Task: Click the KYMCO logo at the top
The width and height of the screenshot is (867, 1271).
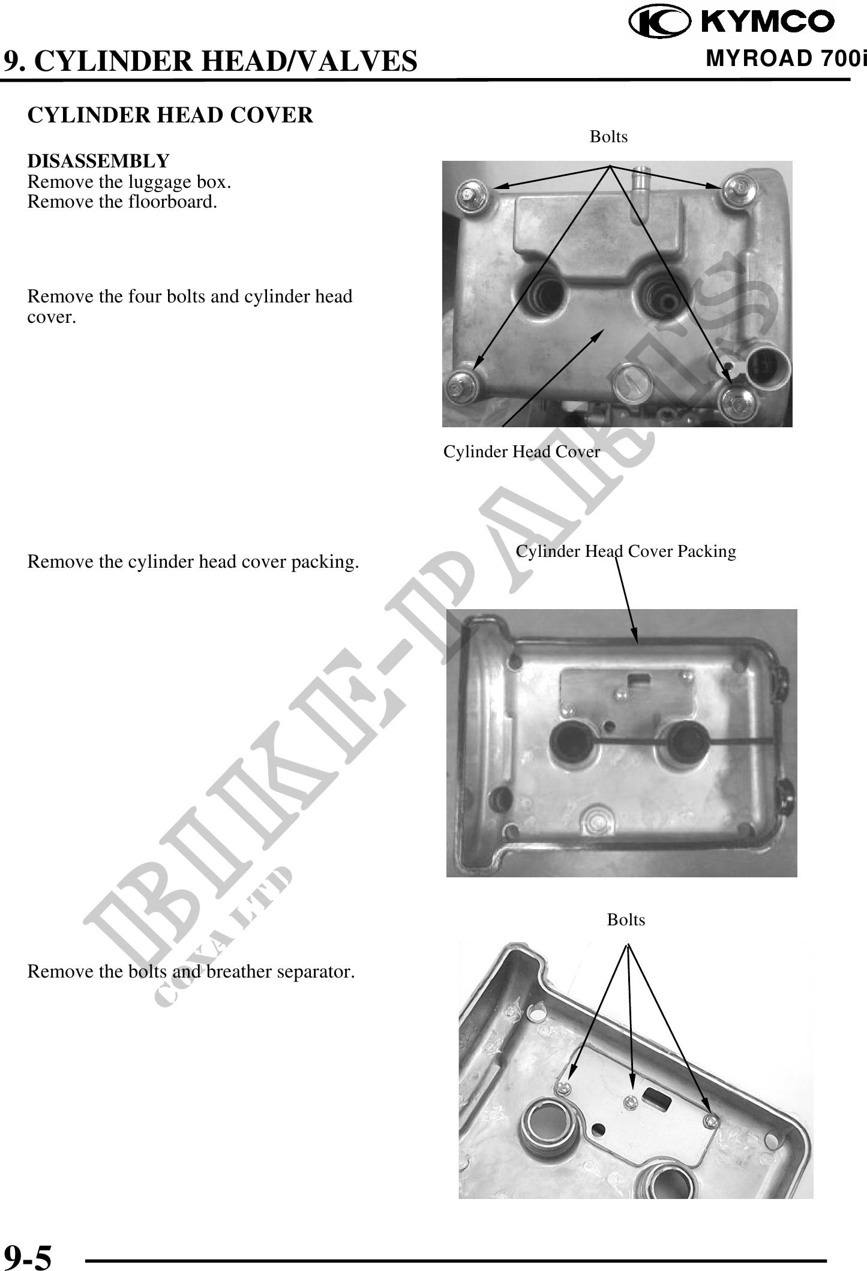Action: click(x=731, y=22)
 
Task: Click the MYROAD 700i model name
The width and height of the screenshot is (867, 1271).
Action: click(x=787, y=59)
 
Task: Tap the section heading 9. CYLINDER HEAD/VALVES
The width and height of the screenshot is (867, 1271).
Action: click(x=210, y=61)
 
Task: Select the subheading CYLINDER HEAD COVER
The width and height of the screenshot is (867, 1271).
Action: click(x=170, y=115)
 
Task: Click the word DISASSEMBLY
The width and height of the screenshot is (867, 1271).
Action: click(x=98, y=161)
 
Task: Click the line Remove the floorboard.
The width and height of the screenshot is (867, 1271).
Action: click(x=122, y=202)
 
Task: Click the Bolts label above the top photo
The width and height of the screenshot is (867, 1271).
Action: click(x=608, y=137)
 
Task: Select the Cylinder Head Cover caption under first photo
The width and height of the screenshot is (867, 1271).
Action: click(x=521, y=452)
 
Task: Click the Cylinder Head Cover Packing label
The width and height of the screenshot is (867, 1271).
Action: click(x=626, y=551)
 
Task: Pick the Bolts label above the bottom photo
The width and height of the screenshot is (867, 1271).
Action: click(x=626, y=919)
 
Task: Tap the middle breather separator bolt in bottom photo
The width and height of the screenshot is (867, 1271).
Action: click(x=631, y=1101)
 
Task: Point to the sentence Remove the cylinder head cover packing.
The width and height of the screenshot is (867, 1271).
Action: click(x=193, y=562)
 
